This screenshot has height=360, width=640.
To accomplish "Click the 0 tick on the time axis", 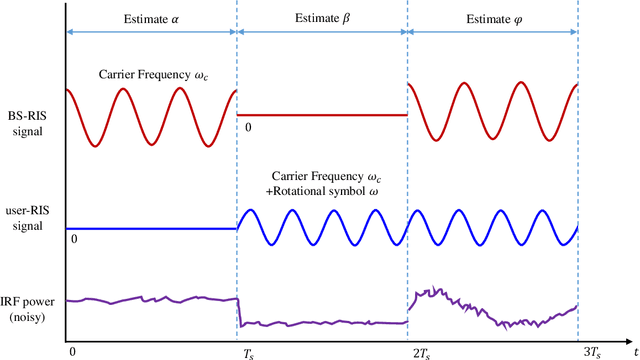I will click(x=72, y=351).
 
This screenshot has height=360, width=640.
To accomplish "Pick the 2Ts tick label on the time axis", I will click(x=420, y=351).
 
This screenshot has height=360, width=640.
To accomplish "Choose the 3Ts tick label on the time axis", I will click(x=592, y=351).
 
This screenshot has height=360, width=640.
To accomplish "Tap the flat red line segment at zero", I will click(x=322, y=115).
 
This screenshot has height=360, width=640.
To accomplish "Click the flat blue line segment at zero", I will click(x=150, y=228).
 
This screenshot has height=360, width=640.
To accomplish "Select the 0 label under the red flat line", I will click(x=248, y=127).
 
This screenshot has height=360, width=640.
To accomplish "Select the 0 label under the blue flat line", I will click(x=74, y=240).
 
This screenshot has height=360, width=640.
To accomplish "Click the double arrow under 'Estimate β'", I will click(x=322, y=31).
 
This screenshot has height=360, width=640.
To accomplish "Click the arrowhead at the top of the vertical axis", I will click(x=66, y=7).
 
